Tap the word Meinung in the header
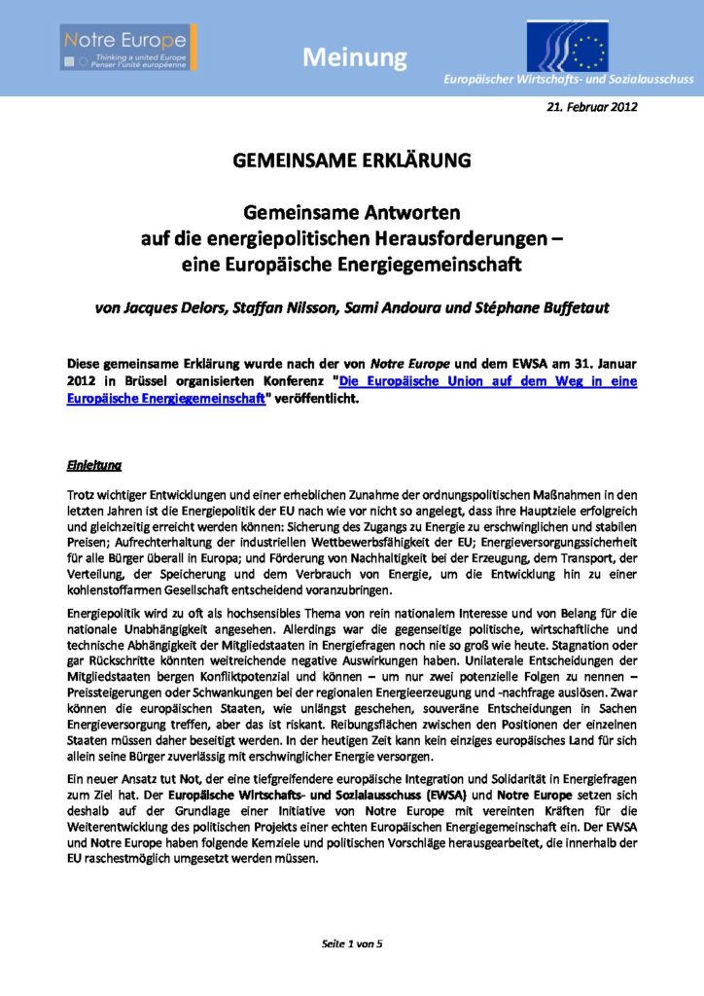pyautogui.click(x=354, y=58)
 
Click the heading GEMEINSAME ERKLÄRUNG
pyautogui.click(x=351, y=162)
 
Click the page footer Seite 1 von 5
pyautogui.click(x=352, y=944)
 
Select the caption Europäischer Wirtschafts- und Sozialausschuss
pyautogui.click(x=568, y=79)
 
